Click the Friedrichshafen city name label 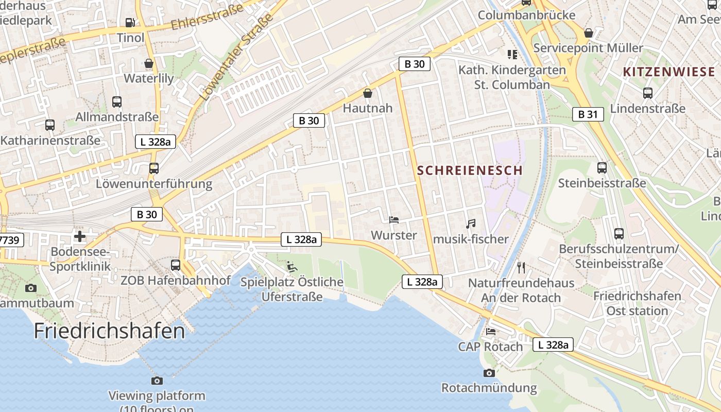pyautogui.click(x=109, y=331)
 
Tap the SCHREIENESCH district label pyautogui.click(x=470, y=170)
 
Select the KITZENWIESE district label pyautogui.click(x=669, y=72)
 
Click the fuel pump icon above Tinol pyautogui.click(x=130, y=23)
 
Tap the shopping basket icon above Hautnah pyautogui.click(x=368, y=93)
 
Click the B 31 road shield pyautogui.click(x=588, y=114)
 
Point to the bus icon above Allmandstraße pyautogui.click(x=117, y=102)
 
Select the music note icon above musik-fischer pyautogui.click(x=470, y=224)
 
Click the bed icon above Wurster pyautogui.click(x=394, y=220)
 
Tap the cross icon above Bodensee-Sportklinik pyautogui.click(x=80, y=236)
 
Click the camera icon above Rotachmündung pyautogui.click(x=489, y=373)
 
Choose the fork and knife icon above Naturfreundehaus pyautogui.click(x=521, y=267)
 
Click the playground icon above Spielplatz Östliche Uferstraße pyautogui.click(x=292, y=267)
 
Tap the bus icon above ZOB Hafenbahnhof pyautogui.click(x=176, y=265)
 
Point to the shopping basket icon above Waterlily pyautogui.click(x=149, y=64)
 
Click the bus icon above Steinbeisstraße pyautogui.click(x=602, y=168)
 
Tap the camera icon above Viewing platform pyautogui.click(x=157, y=381)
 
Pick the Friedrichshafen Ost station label pyautogui.click(x=637, y=303)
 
